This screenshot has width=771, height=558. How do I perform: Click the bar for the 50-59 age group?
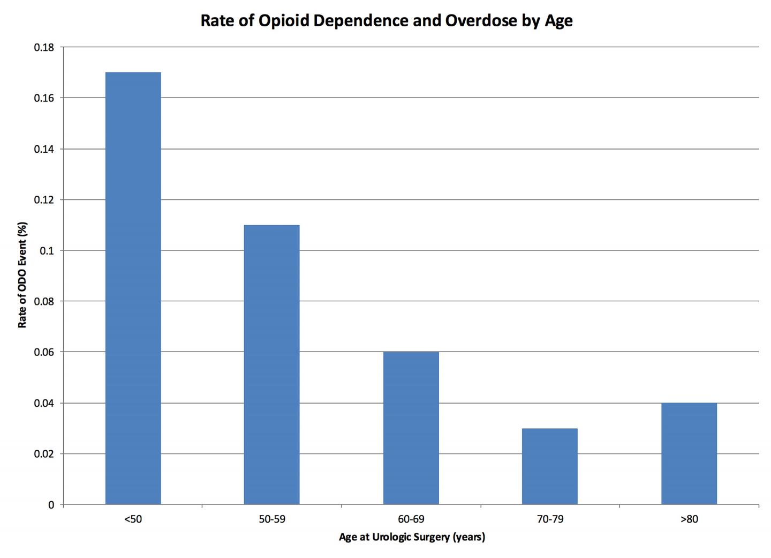pos(271,364)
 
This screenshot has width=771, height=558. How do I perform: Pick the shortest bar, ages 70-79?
pos(549,466)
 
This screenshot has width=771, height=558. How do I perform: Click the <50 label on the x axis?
pos(133,519)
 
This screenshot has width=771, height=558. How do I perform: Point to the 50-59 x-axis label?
pos(271,519)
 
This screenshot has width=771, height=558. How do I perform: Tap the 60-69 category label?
pos(411,519)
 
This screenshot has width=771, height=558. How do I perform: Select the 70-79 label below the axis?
pos(549,519)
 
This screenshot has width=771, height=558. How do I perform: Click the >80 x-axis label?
pos(689,519)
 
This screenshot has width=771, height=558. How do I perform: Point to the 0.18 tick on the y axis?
pos(44,48)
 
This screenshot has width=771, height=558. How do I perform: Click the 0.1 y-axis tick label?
pos(47,251)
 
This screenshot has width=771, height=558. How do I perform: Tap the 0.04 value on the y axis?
pos(44,403)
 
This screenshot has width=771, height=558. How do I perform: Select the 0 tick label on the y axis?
pos(51,505)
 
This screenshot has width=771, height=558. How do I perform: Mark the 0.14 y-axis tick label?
pos(44,149)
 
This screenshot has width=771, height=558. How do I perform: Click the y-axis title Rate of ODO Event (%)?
pos(22,276)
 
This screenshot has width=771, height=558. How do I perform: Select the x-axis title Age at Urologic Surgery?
pos(411,537)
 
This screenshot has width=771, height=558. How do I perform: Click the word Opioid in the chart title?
pos(284,21)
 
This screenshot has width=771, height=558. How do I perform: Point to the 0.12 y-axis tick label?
pos(44,200)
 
